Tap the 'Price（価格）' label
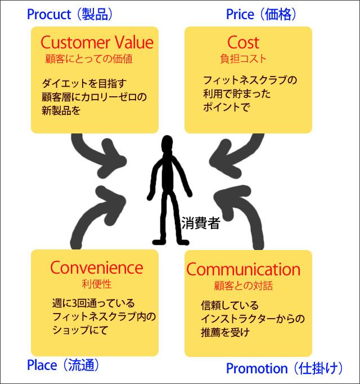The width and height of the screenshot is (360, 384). coord(261,14)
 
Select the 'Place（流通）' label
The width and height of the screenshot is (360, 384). coord(63,365)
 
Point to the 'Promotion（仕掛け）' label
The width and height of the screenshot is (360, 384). coord(284,369)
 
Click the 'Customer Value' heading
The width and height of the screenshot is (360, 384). coord(97,42)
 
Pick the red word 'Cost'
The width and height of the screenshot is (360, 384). coord(244,42)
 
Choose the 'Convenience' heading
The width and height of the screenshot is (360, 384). coord(96,267)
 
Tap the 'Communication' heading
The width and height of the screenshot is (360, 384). coord(244,269)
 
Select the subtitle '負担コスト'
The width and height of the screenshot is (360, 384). coord(244,58)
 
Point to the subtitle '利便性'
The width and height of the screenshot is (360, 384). coord(95,282)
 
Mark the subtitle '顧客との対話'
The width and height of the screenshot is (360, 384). coord(244,285)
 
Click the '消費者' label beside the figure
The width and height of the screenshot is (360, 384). coord(200,224)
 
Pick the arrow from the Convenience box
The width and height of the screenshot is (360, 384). coord(96,211)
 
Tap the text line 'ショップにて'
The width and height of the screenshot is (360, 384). coord(79,329)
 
